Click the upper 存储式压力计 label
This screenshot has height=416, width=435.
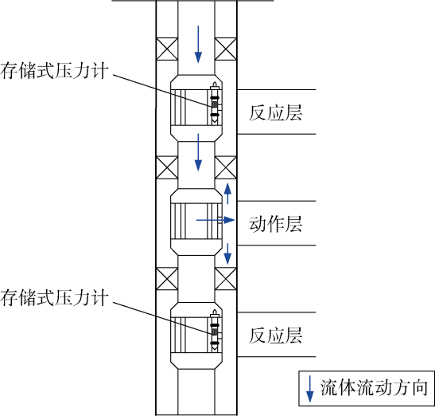click(x=54, y=71)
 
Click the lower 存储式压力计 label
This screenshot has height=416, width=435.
click(x=54, y=298)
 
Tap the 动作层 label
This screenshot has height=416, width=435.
click(x=275, y=224)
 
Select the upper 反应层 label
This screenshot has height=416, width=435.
click(x=275, y=112)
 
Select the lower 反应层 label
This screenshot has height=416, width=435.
click(x=275, y=336)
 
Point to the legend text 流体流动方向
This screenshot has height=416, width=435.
click(x=374, y=387)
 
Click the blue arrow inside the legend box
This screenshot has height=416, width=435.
click(x=309, y=389)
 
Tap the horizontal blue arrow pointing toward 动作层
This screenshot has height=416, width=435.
click(x=216, y=220)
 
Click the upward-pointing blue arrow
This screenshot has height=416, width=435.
click(x=227, y=194)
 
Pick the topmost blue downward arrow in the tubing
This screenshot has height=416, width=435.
click(x=198, y=45)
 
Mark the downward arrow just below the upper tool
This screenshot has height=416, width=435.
click(x=198, y=152)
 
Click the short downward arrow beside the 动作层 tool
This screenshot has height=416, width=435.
click(x=227, y=254)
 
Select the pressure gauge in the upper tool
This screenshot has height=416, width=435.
click(x=215, y=103)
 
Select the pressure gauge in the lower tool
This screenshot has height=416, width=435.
click(x=215, y=331)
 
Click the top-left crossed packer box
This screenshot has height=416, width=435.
click(x=167, y=49)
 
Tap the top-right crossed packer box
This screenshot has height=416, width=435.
click(x=226, y=49)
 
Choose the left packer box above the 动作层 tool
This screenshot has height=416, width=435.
click(x=167, y=167)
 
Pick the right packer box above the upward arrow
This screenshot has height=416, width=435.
click(x=226, y=167)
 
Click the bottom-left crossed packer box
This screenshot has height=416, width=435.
click(x=167, y=279)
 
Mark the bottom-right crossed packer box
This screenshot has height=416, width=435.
click(x=226, y=279)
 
